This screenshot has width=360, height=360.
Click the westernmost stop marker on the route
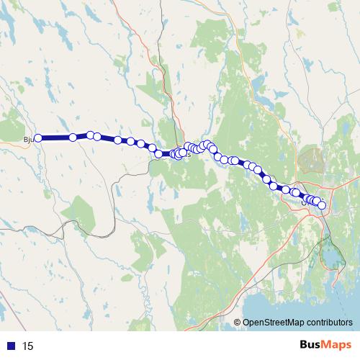pyautogui.click(x=38, y=138)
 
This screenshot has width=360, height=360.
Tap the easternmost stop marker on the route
pyautogui.click(x=322, y=206)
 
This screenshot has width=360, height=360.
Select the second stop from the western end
pyautogui.click(x=73, y=137)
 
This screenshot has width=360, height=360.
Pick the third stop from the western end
pyautogui.click(x=91, y=135)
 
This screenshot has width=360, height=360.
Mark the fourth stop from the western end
pyautogui.click(x=97, y=136)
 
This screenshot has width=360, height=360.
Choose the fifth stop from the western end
pyautogui.click(x=117, y=140)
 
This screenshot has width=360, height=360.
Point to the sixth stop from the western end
pyautogui.click(x=130, y=141)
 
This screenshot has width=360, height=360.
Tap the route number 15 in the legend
pyautogui.click(x=28, y=346)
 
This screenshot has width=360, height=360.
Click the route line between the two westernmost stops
pyautogui.click(x=55, y=138)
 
